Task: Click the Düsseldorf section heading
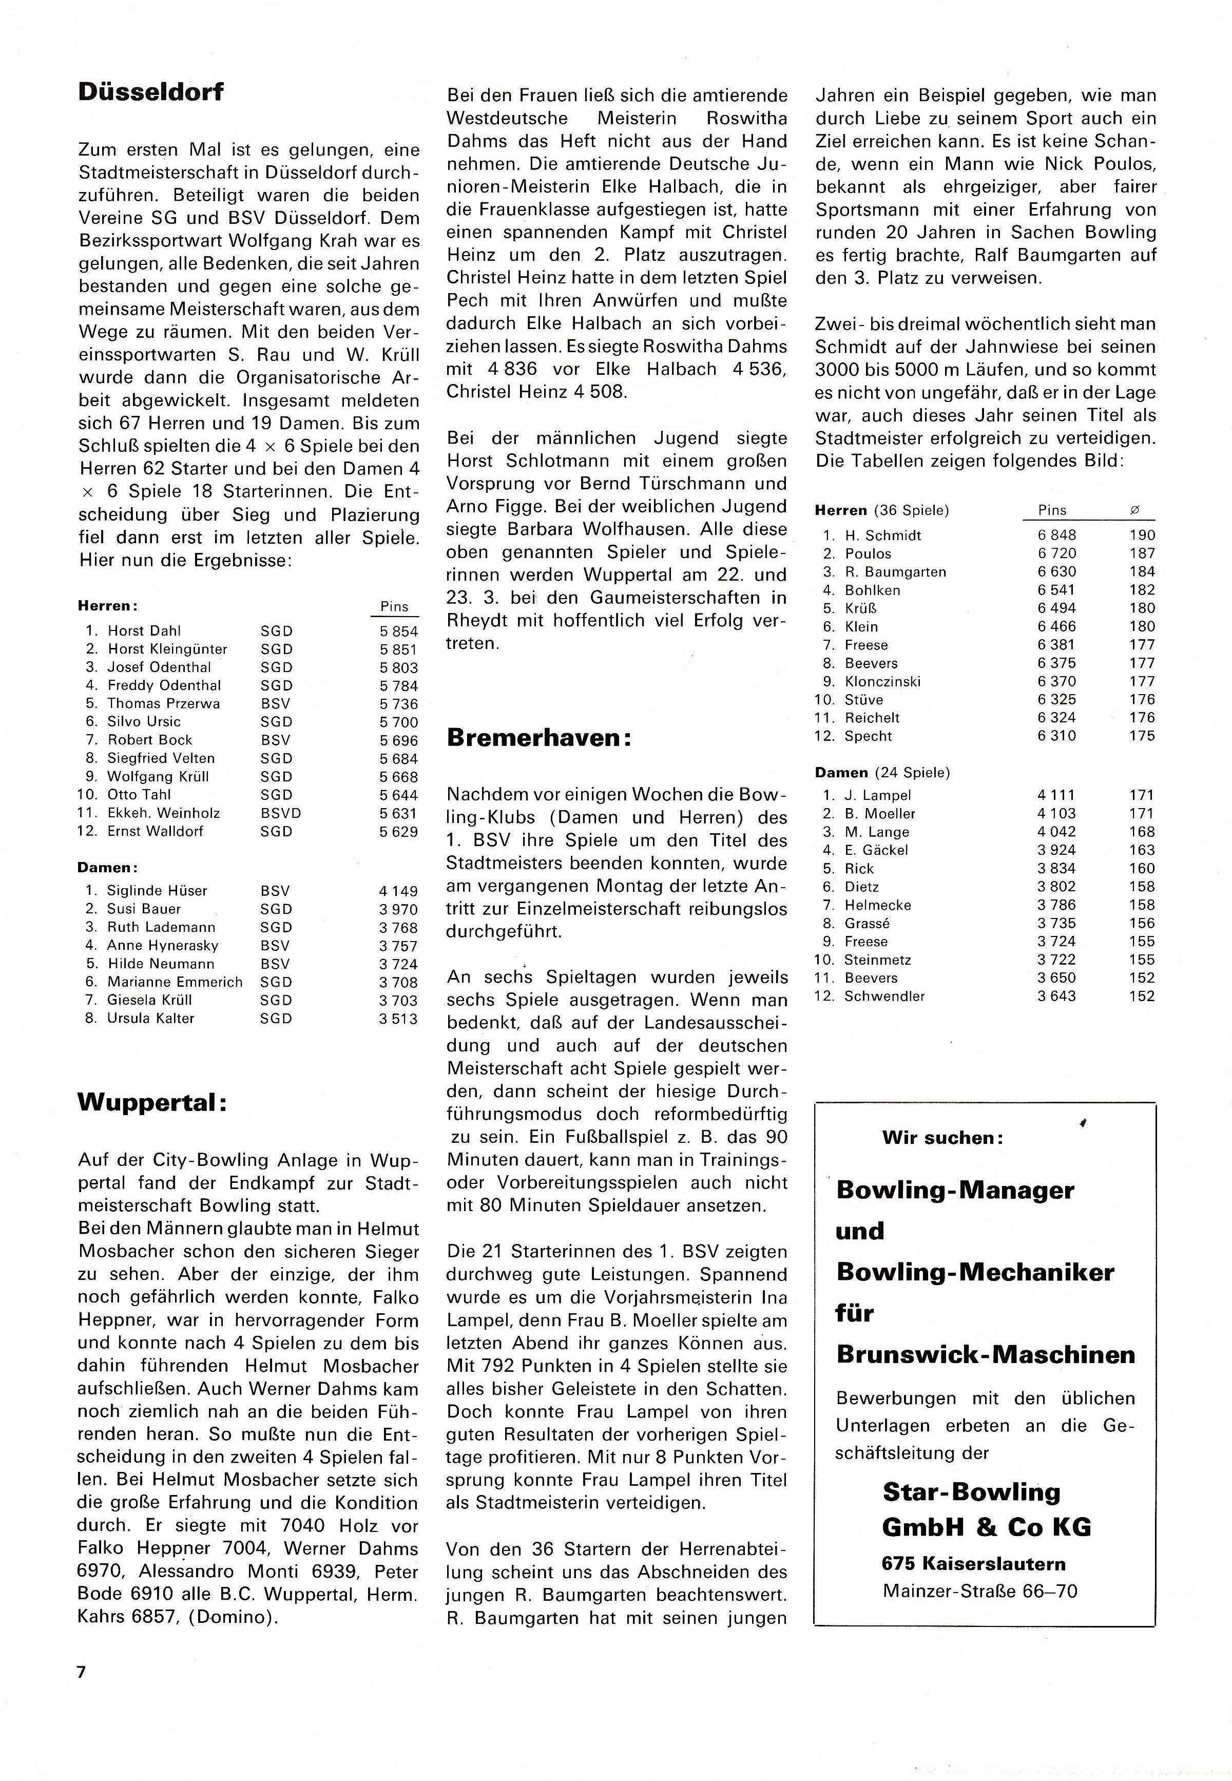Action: tap(150, 92)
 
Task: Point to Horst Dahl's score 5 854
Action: tap(398, 631)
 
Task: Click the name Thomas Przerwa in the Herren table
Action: tap(164, 703)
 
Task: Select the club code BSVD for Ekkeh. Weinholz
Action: tap(281, 813)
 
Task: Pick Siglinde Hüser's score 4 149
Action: tap(398, 891)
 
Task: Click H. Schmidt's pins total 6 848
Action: tap(1057, 535)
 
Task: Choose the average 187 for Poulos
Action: tap(1142, 553)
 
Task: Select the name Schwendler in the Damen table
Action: tap(884, 996)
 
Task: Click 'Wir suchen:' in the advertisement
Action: tap(942, 1137)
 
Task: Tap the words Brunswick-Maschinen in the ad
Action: tap(986, 1354)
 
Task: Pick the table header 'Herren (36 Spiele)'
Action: tap(881, 510)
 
